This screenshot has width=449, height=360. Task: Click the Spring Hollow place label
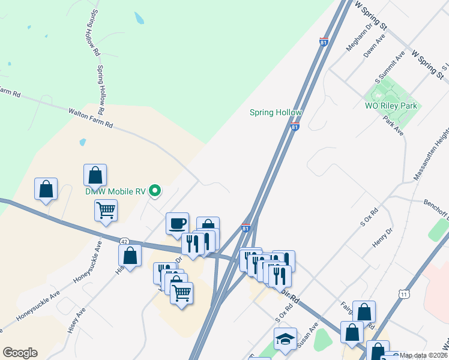point(276,113)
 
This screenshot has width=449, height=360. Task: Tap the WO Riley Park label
point(391,106)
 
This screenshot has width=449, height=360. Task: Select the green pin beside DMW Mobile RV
point(155,191)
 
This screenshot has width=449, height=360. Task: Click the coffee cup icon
point(177,223)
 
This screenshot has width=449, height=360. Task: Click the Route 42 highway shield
point(124,241)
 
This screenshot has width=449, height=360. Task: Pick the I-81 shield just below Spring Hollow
point(295,127)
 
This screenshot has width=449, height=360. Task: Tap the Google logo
point(20,353)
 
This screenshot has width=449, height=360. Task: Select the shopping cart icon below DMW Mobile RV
point(106,211)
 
